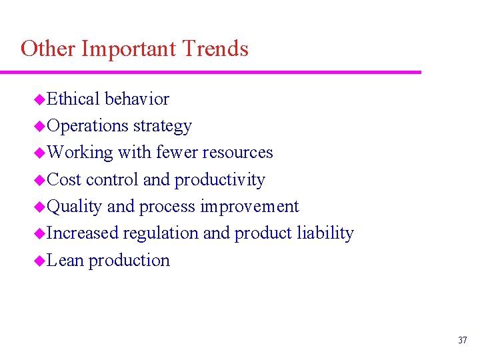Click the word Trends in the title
(x=215, y=49)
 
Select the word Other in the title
(x=48, y=49)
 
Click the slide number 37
(x=463, y=341)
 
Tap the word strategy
(x=162, y=126)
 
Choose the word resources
(x=237, y=153)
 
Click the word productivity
(x=219, y=180)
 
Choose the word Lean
(x=66, y=260)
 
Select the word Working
(x=80, y=153)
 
